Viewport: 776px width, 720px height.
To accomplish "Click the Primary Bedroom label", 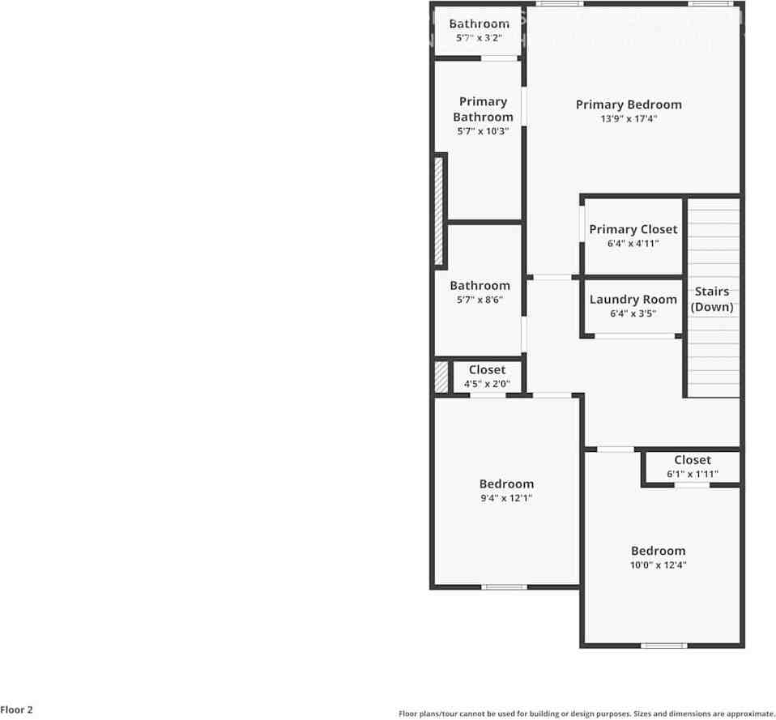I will tap(629, 104).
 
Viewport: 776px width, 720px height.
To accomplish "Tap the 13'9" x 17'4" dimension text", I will tap(629, 119).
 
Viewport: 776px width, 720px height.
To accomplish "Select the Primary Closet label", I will tap(633, 230).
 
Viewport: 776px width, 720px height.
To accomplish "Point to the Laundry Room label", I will tap(633, 300).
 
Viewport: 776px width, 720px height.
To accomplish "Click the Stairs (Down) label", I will tap(712, 299).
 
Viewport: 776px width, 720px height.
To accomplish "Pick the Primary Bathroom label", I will tap(483, 109).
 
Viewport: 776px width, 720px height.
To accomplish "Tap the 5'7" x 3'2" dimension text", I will tap(480, 37).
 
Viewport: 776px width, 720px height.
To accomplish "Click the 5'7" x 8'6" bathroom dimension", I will tap(480, 300).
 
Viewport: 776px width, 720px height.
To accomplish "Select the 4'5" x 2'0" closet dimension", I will tap(487, 384).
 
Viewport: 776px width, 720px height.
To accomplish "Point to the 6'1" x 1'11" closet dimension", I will tap(693, 475).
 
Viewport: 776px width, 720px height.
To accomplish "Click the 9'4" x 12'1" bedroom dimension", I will tap(506, 499).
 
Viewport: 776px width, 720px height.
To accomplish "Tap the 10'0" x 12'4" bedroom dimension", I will tap(659, 565).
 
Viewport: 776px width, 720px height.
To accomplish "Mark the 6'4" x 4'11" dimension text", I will tap(633, 244).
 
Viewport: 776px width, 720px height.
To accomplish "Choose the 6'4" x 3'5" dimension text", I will tap(633, 313).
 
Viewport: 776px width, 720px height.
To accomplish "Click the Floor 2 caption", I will tap(17, 710).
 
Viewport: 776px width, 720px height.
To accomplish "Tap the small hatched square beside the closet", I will tap(441, 377).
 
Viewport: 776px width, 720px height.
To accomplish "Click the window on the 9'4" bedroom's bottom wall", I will tap(504, 586).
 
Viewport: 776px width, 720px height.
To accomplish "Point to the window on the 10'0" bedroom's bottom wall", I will tap(664, 645).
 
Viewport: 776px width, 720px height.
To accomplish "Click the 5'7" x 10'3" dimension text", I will tap(483, 131).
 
